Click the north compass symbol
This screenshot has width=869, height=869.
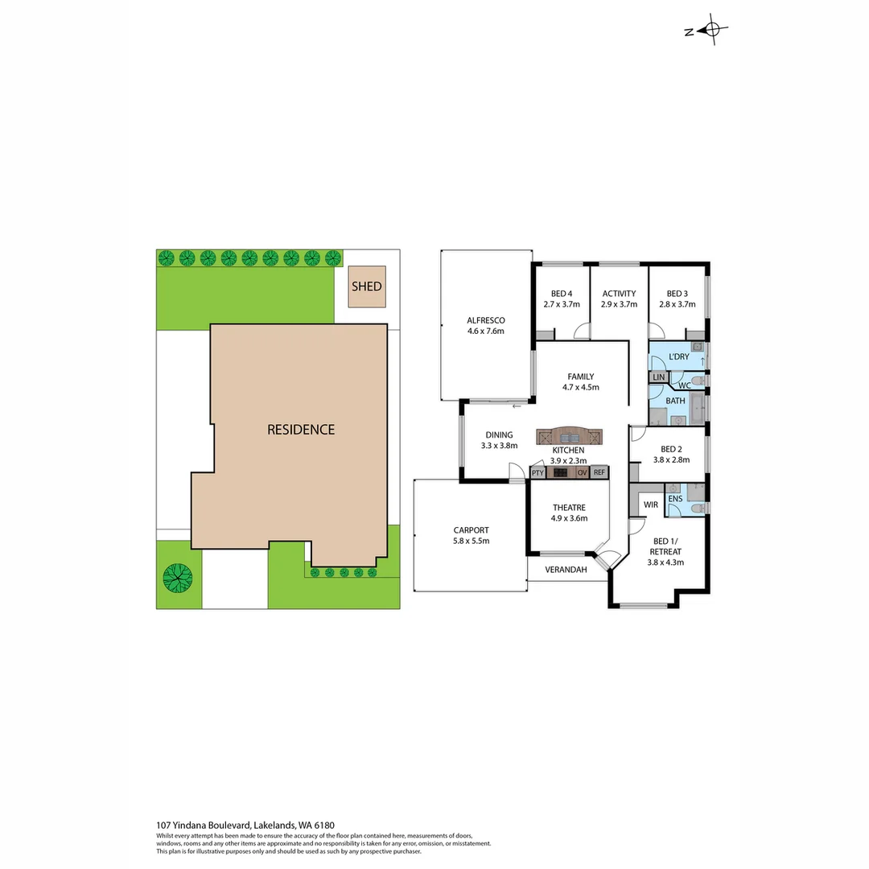(711, 31)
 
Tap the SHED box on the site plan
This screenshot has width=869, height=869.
(366, 287)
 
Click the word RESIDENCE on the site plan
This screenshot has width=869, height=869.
(301, 430)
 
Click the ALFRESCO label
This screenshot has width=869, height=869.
(485, 319)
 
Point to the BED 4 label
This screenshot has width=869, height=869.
(561, 294)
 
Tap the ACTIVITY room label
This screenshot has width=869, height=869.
(619, 294)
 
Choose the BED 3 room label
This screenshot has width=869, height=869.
(677, 294)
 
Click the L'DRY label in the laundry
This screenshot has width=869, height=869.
(679, 356)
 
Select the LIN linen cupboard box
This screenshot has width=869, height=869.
(658, 377)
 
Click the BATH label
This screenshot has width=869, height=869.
(675, 400)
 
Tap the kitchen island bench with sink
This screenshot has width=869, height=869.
(570, 436)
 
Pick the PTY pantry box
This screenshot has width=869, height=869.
(537, 473)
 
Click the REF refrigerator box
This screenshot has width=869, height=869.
(599, 473)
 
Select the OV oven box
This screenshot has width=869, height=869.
(582, 473)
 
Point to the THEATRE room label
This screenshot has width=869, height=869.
(568, 508)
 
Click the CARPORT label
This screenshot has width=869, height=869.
(471, 530)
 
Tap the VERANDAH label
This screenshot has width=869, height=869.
(565, 570)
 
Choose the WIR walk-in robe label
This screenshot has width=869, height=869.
(651, 505)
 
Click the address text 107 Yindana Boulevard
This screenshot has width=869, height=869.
(204, 825)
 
